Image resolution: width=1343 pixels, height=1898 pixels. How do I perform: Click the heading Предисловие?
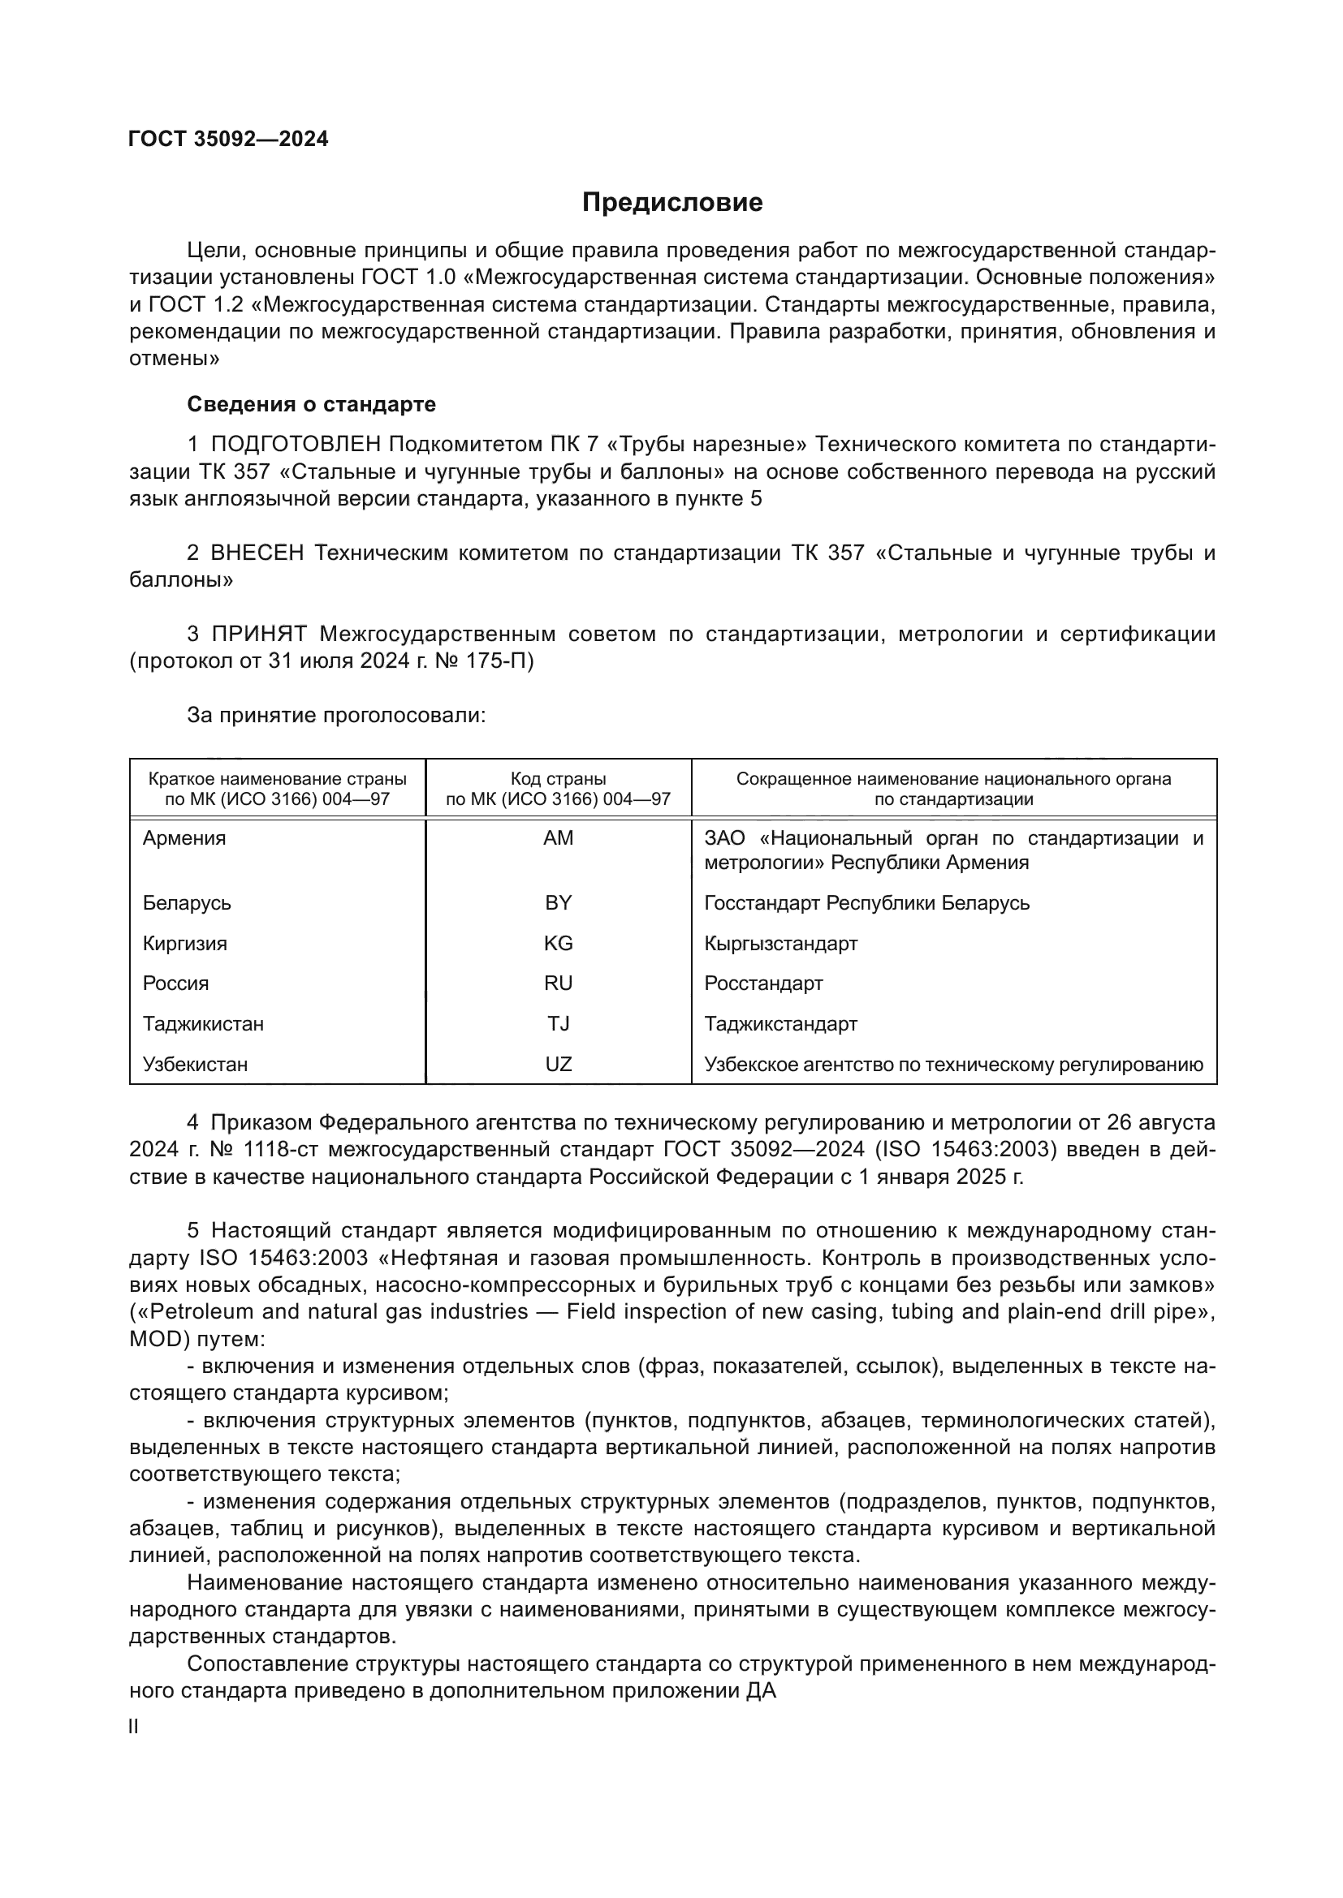pos(671,203)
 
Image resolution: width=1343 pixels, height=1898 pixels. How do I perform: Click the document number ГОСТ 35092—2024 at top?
pos(228,139)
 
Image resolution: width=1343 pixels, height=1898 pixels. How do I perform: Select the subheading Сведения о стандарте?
pos(311,404)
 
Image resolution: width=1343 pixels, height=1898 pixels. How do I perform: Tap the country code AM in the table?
pos(558,838)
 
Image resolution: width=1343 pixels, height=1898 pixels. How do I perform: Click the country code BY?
pos(558,902)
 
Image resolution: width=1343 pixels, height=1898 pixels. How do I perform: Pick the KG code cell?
pos(558,943)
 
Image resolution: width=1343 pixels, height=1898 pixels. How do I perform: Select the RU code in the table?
pos(558,983)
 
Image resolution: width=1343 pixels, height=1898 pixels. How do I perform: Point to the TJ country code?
pos(558,1023)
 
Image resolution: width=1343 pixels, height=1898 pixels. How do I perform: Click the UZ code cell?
pos(558,1064)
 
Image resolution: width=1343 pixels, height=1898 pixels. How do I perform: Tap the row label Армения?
pos(184,838)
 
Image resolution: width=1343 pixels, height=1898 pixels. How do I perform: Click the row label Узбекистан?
pos(195,1064)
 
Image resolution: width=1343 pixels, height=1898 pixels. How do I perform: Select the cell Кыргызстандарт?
pos(780,943)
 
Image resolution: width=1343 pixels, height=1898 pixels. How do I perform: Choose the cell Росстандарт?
pos(763,983)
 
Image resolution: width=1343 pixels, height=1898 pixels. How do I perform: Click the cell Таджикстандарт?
pos(780,1023)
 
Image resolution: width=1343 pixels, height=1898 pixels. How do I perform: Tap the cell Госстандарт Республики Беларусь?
pos(866,902)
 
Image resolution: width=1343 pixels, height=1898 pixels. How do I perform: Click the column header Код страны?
pos(558,779)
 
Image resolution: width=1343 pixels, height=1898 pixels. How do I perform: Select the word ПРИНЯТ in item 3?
pos(259,634)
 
